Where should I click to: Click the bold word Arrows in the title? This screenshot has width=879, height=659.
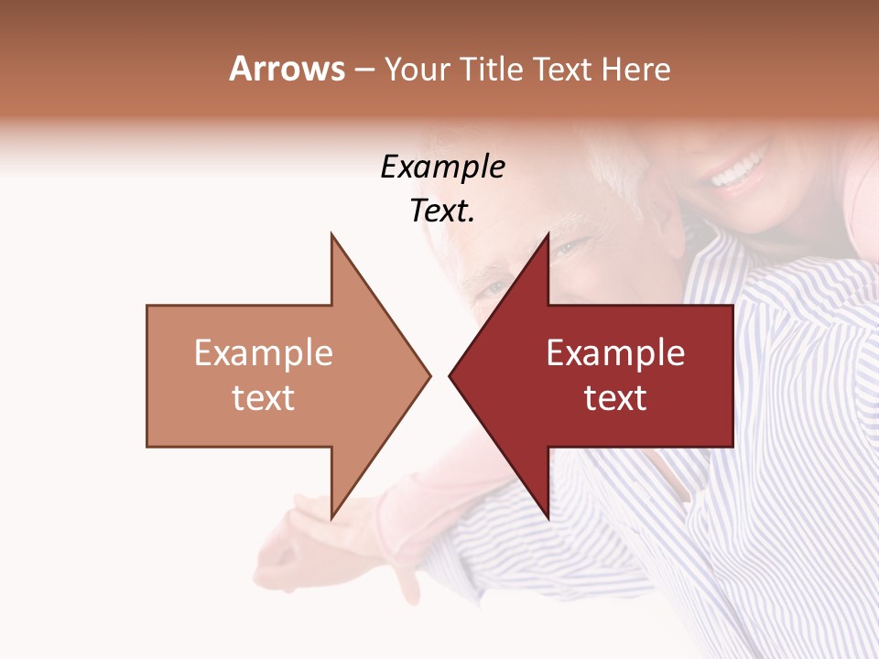coord(287,69)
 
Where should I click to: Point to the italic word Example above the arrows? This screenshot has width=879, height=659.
coord(442,167)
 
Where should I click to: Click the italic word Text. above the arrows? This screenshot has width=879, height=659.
coord(442,211)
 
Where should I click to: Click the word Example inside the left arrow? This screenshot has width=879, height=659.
coord(263,352)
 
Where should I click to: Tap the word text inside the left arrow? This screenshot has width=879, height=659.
coord(263,397)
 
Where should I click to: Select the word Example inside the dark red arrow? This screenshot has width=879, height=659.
coord(615,352)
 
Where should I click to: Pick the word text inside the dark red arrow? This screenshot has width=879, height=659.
coord(615,397)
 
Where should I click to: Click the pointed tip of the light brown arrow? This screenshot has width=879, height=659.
coord(429,375)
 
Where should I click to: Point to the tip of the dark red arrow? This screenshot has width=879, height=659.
coord(450,375)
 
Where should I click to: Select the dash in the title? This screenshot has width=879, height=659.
coord(364,70)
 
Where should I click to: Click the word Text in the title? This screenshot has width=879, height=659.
coord(560,69)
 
